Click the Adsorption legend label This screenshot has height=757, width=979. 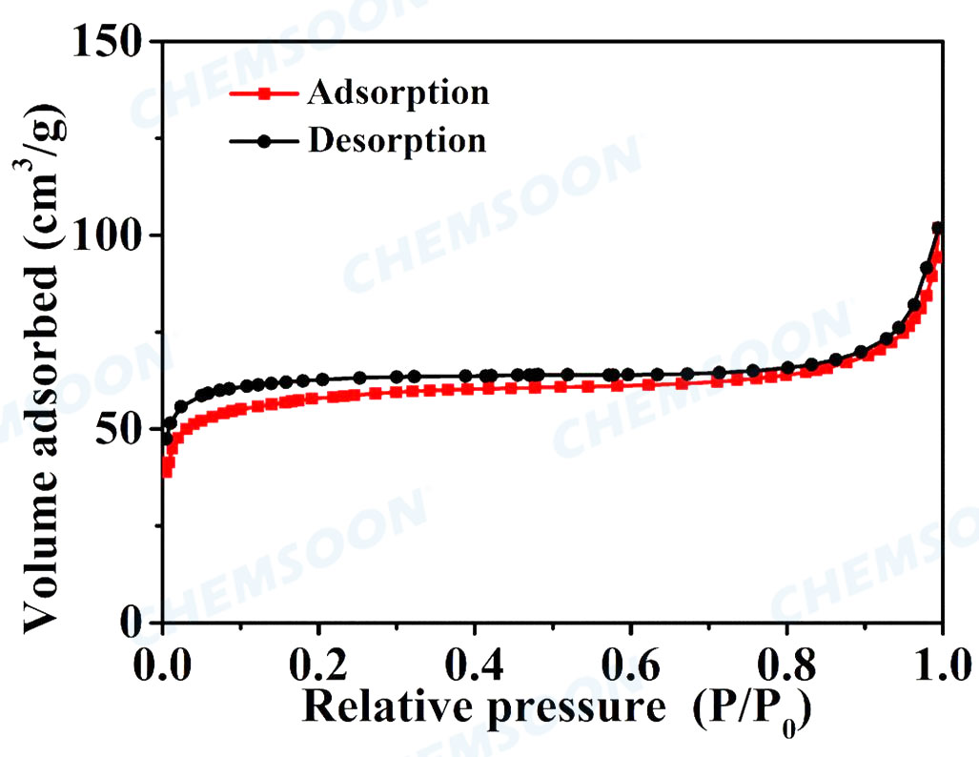click(398, 93)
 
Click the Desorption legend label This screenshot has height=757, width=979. click(397, 141)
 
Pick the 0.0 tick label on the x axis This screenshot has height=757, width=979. click(162, 661)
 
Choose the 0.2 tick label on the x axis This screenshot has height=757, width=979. click(318, 661)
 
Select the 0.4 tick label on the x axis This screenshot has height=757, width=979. click(475, 661)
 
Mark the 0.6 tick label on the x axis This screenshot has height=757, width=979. click(631, 661)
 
